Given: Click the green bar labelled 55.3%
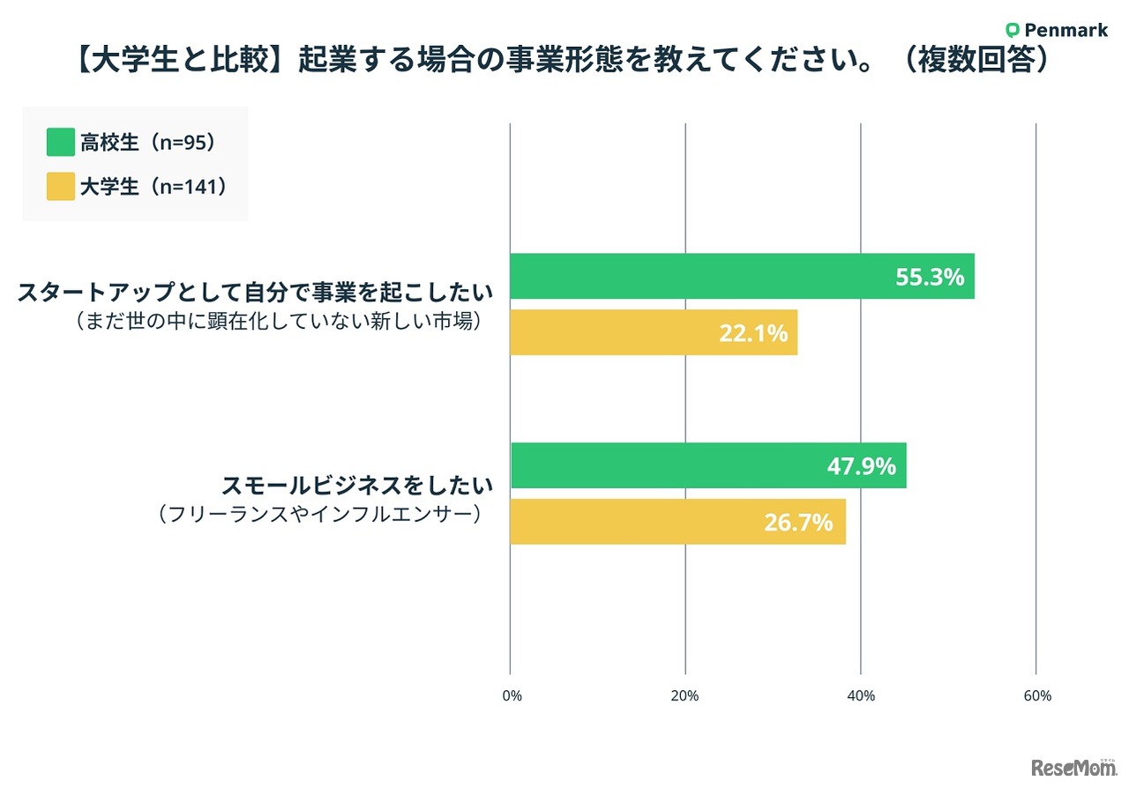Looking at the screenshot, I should pyautogui.click(x=741, y=276).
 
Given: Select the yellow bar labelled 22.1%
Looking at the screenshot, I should pyautogui.click(x=653, y=332).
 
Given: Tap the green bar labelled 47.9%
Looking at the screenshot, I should pyautogui.click(x=707, y=465).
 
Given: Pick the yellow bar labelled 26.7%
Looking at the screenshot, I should pyautogui.click(x=677, y=522).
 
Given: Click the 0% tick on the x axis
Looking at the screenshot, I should pyautogui.click(x=512, y=695).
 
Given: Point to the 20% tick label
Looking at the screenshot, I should pyautogui.click(x=684, y=695).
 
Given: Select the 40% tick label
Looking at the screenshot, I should pyautogui.click(x=860, y=695).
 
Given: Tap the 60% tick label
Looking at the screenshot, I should pyautogui.click(x=1036, y=695).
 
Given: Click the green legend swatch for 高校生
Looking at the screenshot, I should pyautogui.click(x=60, y=142).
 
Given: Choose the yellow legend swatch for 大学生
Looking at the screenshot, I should pyautogui.click(x=60, y=186).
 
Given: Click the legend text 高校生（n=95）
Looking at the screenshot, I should pyautogui.click(x=148, y=142).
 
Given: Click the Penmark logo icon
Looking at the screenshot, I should pyautogui.click(x=1013, y=30).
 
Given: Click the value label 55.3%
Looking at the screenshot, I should pyautogui.click(x=930, y=277).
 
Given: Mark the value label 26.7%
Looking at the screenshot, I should pyautogui.click(x=798, y=523).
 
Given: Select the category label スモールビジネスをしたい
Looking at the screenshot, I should pyautogui.click(x=356, y=485).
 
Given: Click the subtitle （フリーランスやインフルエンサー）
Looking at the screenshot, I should pyautogui.click(x=320, y=514).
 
